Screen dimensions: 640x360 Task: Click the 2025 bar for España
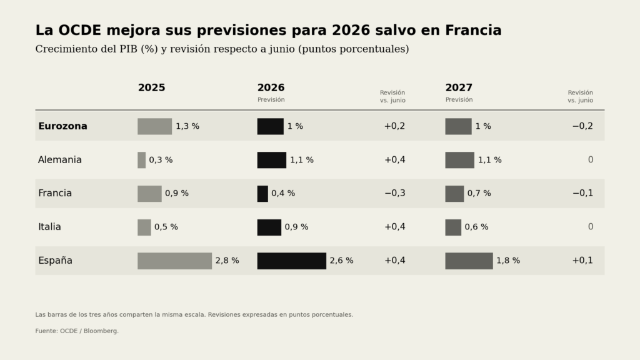pyautogui.click(x=175, y=261)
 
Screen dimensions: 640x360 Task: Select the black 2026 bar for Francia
pyautogui.click(x=262, y=194)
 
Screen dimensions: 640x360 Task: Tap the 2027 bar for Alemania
pyautogui.click(x=459, y=160)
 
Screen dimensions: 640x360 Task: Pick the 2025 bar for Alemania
pyautogui.click(x=142, y=160)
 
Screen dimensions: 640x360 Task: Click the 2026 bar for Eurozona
pyautogui.click(x=270, y=126)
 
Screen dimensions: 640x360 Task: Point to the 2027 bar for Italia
pyautogui.click(x=453, y=227)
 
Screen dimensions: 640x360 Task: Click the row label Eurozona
pyautogui.click(x=63, y=126)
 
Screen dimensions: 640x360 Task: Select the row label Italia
pyautogui.click(x=49, y=227)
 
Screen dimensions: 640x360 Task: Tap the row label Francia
pyautogui.click(x=55, y=193)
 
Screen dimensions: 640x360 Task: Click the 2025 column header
pyautogui.click(x=151, y=87)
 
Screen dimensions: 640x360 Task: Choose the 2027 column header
pyautogui.click(x=459, y=87)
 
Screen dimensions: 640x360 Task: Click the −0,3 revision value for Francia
pyautogui.click(x=395, y=193)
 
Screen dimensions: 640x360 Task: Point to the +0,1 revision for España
pyautogui.click(x=582, y=261)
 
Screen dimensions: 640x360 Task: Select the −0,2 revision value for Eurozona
pyautogui.click(x=582, y=126)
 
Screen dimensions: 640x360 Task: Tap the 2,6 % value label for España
pyautogui.click(x=342, y=261)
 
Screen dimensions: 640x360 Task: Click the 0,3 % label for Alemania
pyautogui.click(x=161, y=160)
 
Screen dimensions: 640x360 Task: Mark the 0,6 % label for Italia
pyautogui.click(x=476, y=227)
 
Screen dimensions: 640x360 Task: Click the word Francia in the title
pyautogui.click(x=473, y=30)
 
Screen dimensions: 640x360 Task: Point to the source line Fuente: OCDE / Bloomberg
pyautogui.click(x=77, y=331)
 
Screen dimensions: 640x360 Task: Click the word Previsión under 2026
pyautogui.click(x=271, y=99)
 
